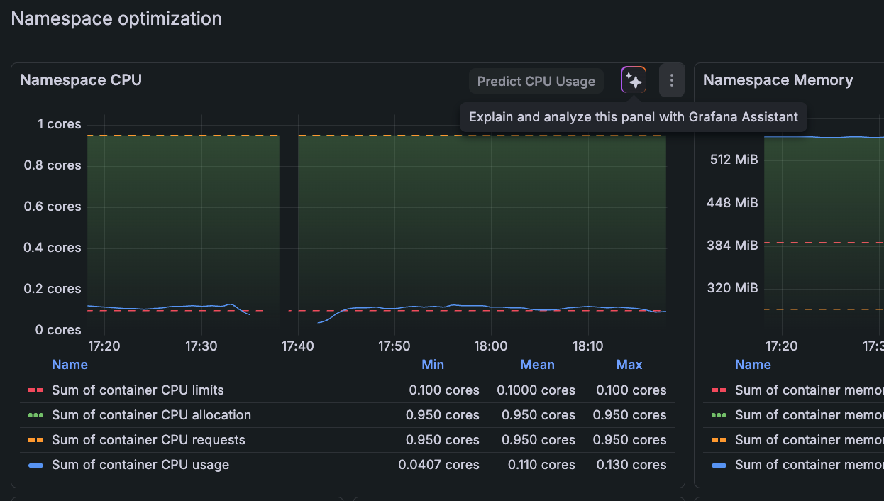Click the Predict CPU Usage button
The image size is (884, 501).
point(536,81)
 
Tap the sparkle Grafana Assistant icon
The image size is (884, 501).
point(634,81)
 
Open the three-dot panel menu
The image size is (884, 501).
point(671,81)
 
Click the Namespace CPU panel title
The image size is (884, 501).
point(81,80)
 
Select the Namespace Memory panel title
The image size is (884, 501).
point(778,80)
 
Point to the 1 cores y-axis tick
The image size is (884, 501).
point(60,124)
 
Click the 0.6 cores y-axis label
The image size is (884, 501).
point(54,207)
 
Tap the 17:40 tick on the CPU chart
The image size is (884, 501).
point(297,346)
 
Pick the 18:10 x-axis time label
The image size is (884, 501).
point(588,346)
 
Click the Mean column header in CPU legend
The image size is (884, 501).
point(537,365)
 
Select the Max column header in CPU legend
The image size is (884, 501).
point(629,365)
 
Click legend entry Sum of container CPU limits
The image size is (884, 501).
point(138,390)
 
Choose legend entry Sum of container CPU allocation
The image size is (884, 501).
point(151,415)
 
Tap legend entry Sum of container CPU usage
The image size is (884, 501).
point(140,465)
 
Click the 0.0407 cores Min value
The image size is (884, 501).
point(438,465)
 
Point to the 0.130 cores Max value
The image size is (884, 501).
point(630,465)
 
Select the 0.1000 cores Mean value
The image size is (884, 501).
point(536,390)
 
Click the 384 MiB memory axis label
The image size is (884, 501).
point(732,246)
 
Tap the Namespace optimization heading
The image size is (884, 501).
point(116,18)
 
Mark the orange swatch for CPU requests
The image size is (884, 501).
point(35,440)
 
